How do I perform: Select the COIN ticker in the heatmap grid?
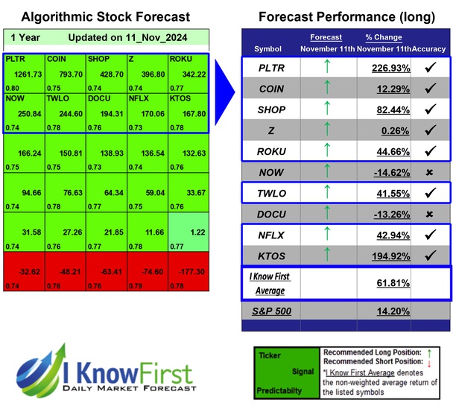(x=54, y=58)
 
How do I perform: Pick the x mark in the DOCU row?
(x=429, y=215)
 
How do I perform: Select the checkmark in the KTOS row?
(x=429, y=256)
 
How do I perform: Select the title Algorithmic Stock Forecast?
(x=105, y=16)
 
